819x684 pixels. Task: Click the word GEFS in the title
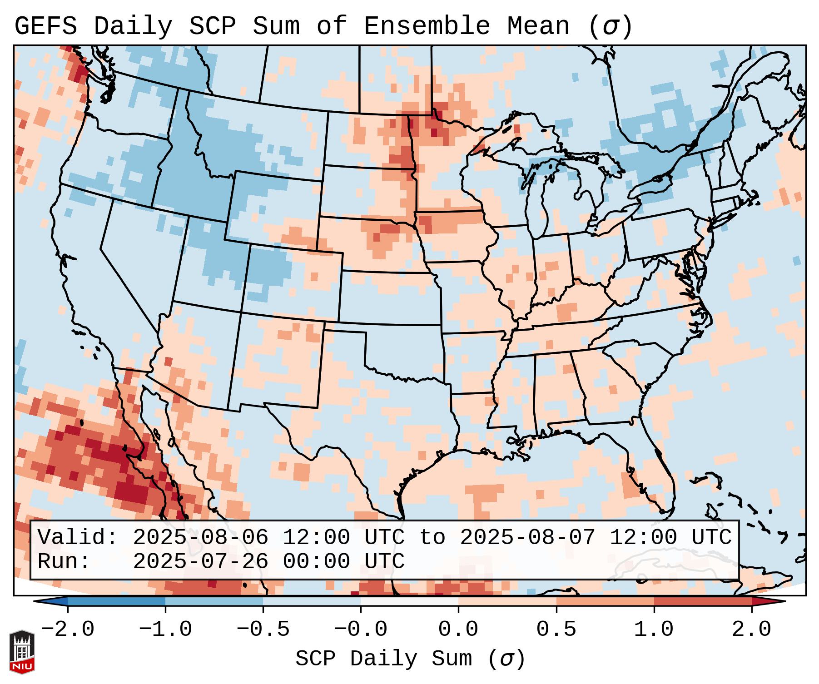coord(45,26)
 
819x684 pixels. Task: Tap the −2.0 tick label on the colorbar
coord(68,629)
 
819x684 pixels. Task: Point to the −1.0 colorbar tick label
coord(165,629)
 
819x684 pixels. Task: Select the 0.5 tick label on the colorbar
coord(556,629)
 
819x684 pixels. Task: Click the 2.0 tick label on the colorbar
coord(751,629)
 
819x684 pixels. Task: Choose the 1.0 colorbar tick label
coord(654,629)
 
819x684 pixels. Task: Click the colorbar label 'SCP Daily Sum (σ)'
coord(410,659)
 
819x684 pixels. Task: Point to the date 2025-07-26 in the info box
coord(200,562)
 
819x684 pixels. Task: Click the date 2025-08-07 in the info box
coord(527,538)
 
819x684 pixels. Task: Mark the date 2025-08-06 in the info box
coord(200,538)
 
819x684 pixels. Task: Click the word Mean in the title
coord(538,26)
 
